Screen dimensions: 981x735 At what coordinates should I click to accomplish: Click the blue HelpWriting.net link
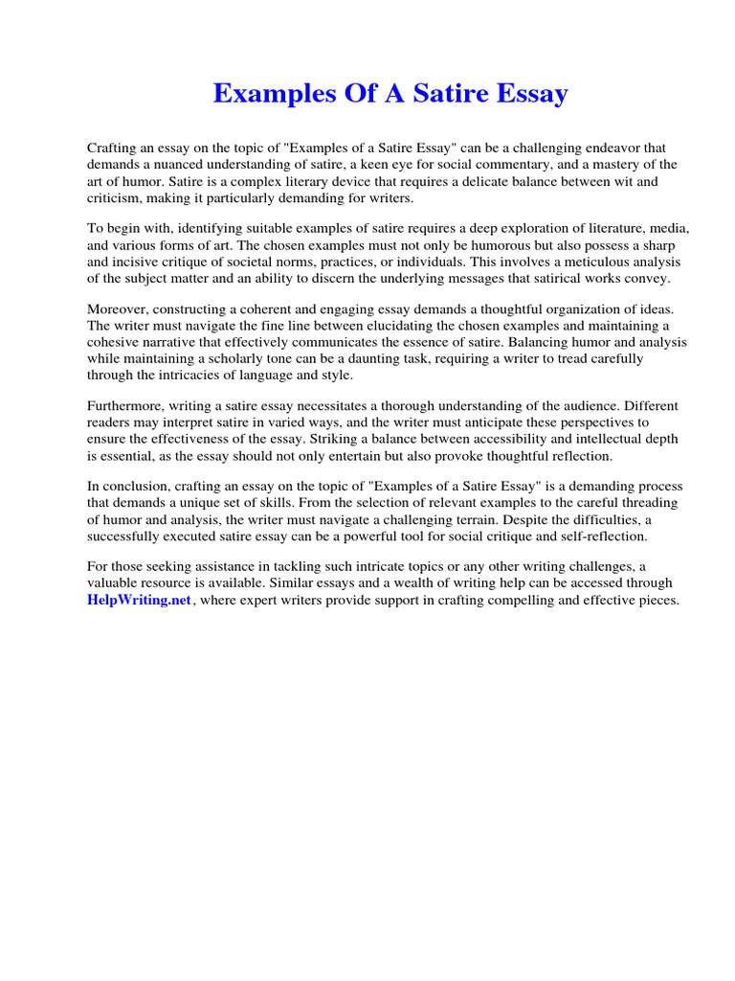point(140,601)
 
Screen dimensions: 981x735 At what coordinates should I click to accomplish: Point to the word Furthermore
point(127,404)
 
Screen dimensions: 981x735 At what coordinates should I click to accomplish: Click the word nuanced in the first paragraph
point(177,164)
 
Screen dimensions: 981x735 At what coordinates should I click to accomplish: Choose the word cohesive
point(116,341)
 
